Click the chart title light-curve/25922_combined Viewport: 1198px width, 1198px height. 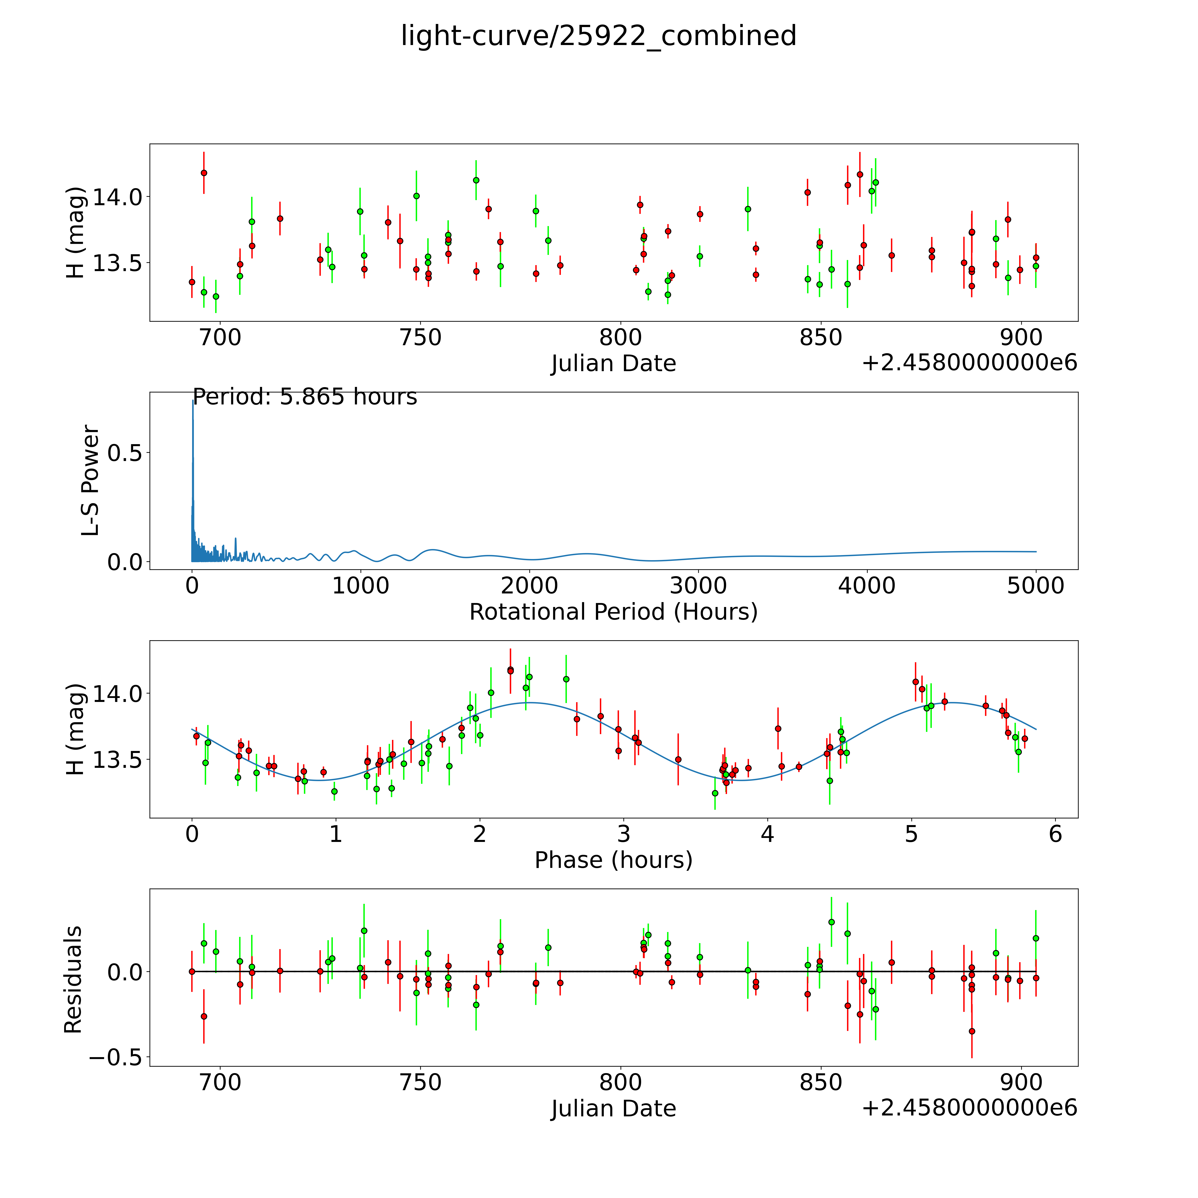pos(598,36)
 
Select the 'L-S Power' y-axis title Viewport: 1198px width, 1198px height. pos(91,481)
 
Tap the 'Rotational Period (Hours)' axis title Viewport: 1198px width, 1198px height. pos(613,612)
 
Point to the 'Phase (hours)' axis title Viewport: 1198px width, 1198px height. pos(613,860)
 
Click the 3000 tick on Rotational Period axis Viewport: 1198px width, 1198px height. pos(698,585)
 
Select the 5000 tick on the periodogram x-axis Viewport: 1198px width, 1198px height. pos(1036,585)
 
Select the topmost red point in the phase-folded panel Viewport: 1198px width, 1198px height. pos(510,670)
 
